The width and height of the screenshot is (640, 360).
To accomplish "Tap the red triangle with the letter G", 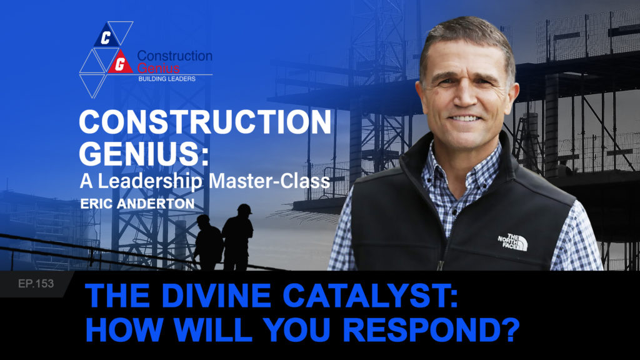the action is coord(120,63).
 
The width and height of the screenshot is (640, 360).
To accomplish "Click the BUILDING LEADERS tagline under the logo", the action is coord(167,79).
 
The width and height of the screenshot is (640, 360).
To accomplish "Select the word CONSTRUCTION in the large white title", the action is coord(205,122).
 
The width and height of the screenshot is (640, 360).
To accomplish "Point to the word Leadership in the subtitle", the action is coord(150,182).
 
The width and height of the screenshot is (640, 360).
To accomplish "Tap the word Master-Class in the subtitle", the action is coord(269,181).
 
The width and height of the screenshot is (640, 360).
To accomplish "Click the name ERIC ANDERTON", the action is coord(137,204).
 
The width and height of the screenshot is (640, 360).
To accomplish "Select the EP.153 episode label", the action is coord(36,283).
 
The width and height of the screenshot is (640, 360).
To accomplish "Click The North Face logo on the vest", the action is coord(513,242).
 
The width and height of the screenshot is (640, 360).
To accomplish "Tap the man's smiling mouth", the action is coord(464,118).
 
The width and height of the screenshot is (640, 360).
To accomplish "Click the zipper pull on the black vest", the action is coord(441,265).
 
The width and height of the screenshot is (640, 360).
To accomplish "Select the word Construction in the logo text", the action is coord(175,56).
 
